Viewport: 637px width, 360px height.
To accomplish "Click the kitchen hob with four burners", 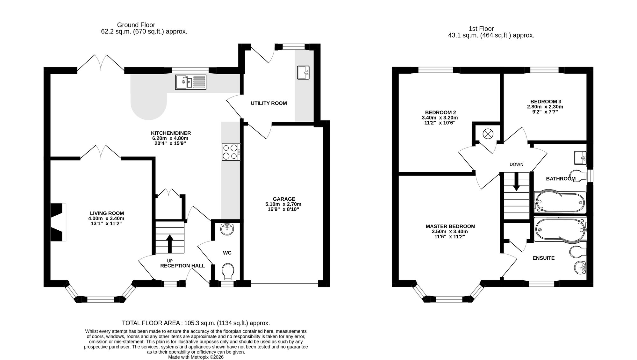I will [x=231, y=152].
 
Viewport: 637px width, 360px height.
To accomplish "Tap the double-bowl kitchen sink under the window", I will [x=190, y=82].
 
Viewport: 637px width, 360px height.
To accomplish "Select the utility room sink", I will [x=303, y=72].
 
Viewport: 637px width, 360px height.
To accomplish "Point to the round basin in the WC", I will [x=227, y=229].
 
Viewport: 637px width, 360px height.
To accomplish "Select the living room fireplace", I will [x=59, y=222].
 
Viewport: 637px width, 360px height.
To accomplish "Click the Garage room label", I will [x=284, y=199].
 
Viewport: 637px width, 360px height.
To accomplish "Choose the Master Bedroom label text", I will [x=450, y=227].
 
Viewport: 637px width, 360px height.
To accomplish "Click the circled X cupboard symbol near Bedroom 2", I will [x=488, y=133].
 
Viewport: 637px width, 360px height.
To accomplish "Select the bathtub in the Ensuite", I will [x=560, y=230].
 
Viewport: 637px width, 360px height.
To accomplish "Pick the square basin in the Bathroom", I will [x=580, y=158].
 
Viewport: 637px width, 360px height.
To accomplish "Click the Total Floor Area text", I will [x=196, y=323].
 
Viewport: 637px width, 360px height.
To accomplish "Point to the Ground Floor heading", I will [x=136, y=25].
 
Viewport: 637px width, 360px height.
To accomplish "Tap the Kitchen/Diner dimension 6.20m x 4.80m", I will [x=170, y=138].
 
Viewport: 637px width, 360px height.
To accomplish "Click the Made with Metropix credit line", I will [x=196, y=357].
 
